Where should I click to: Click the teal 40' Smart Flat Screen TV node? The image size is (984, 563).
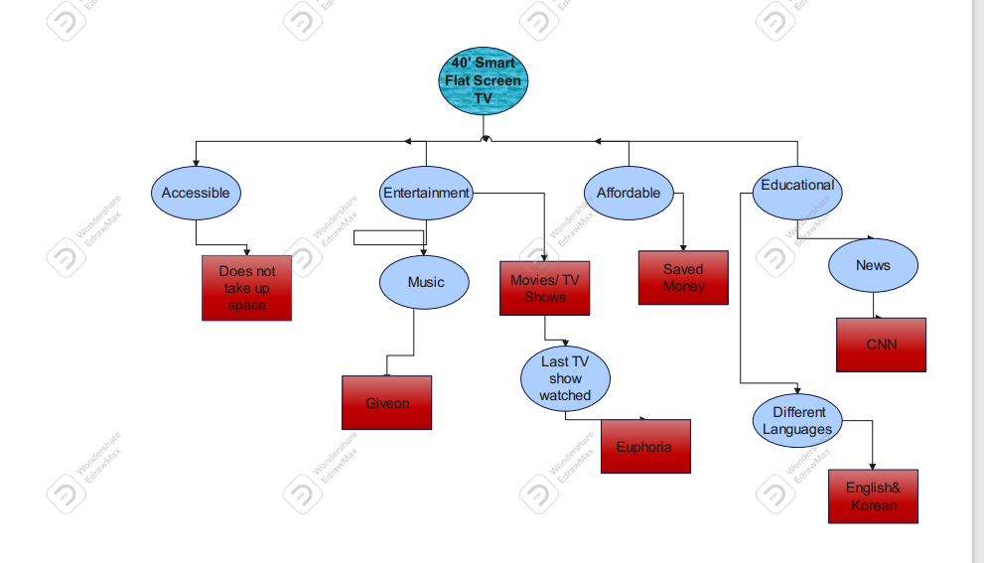(x=483, y=80)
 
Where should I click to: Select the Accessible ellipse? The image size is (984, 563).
(x=196, y=193)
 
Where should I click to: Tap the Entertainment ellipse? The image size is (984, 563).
(x=426, y=193)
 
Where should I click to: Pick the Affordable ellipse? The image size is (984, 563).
(x=628, y=193)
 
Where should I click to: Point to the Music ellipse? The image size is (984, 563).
(x=425, y=282)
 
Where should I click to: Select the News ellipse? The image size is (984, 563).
(x=873, y=265)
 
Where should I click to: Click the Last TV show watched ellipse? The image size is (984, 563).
(x=565, y=378)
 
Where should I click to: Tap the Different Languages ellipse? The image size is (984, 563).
(x=797, y=420)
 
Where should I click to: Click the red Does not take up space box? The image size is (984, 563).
(x=246, y=288)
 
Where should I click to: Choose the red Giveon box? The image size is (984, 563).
(x=386, y=402)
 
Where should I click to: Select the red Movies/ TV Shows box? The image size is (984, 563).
(x=544, y=288)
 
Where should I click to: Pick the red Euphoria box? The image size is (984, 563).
(x=644, y=447)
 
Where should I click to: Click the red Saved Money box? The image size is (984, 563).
(x=683, y=277)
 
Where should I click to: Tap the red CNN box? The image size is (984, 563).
(x=881, y=345)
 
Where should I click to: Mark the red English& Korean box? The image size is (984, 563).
(x=873, y=496)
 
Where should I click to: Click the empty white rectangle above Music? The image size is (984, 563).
(x=388, y=237)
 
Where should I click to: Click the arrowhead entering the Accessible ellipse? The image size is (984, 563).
(x=196, y=162)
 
